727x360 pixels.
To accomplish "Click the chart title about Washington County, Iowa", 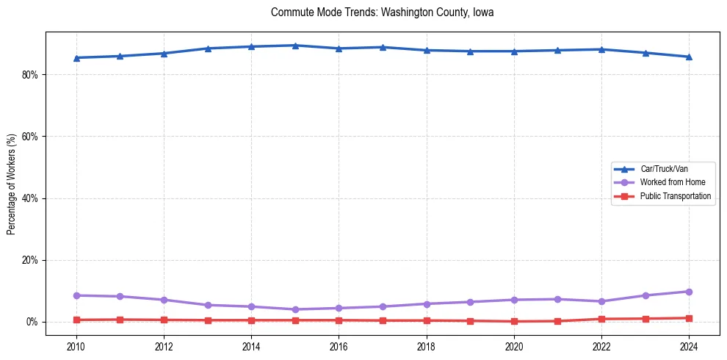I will pos(382,12).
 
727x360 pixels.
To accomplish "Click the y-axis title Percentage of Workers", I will pos(12,184).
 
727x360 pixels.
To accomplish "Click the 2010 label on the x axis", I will pos(76,345).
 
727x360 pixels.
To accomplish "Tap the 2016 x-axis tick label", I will pos(339,345).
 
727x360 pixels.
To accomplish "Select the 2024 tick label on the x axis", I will pos(689,345).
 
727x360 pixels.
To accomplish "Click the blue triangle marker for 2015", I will pos(295,46).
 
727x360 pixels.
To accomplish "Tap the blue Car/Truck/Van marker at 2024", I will pos(689,57).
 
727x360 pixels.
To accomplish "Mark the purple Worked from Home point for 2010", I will pos(76,295).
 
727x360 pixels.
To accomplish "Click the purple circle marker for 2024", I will pos(689,292).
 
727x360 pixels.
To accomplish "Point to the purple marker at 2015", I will pos(295,309).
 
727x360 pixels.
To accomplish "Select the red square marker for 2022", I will pos(601,319).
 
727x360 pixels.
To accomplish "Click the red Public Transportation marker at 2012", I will pos(164,320).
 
